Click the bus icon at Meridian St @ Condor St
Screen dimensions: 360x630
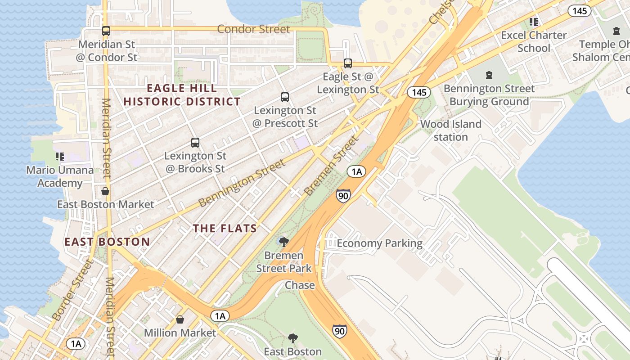pos(106,31)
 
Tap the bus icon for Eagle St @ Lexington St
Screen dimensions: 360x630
pos(348,63)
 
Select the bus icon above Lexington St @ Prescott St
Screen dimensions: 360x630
pos(285,97)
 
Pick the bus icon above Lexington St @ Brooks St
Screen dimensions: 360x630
pos(195,143)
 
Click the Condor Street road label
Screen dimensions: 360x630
pos(253,29)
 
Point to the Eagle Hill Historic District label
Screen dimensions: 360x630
pos(182,95)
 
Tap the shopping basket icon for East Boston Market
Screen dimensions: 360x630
pos(105,191)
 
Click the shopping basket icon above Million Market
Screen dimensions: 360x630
pos(180,319)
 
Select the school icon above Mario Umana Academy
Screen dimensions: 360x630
pos(60,157)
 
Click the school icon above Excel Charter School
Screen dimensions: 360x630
pos(534,22)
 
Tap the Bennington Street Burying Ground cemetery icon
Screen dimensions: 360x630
pos(489,75)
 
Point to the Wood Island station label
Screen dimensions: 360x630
pos(451,130)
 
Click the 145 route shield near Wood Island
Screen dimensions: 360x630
pos(418,92)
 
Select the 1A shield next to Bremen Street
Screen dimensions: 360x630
pos(356,171)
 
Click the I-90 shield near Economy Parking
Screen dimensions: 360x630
pos(343,196)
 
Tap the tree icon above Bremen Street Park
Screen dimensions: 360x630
pos(283,242)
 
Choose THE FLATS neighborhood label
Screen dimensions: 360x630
pos(225,229)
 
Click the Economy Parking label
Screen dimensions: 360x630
pos(379,244)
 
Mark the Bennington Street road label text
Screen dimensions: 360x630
pos(242,183)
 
